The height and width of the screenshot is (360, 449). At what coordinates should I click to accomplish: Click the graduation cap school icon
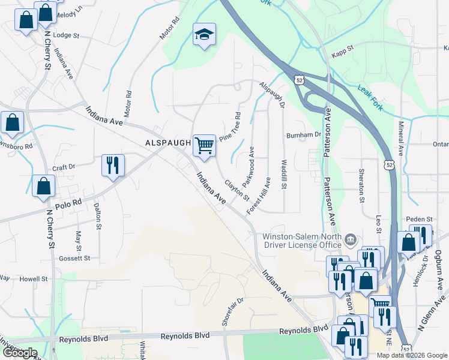pyautogui.click(x=203, y=35)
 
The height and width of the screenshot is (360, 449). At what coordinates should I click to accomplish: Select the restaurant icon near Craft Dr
pyautogui.click(x=113, y=165)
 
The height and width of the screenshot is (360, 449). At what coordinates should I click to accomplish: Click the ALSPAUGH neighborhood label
pyautogui.click(x=167, y=143)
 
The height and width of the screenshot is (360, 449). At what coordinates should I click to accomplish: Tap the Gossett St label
pyautogui.click(x=74, y=258)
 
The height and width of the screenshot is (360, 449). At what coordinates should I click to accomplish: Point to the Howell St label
pyautogui.click(x=32, y=279)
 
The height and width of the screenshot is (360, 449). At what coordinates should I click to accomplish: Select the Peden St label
pyautogui.click(x=418, y=220)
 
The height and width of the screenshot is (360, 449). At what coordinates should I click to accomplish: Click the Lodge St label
pyautogui.click(x=66, y=35)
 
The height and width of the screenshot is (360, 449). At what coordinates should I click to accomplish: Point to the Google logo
pyautogui.click(x=20, y=353)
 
